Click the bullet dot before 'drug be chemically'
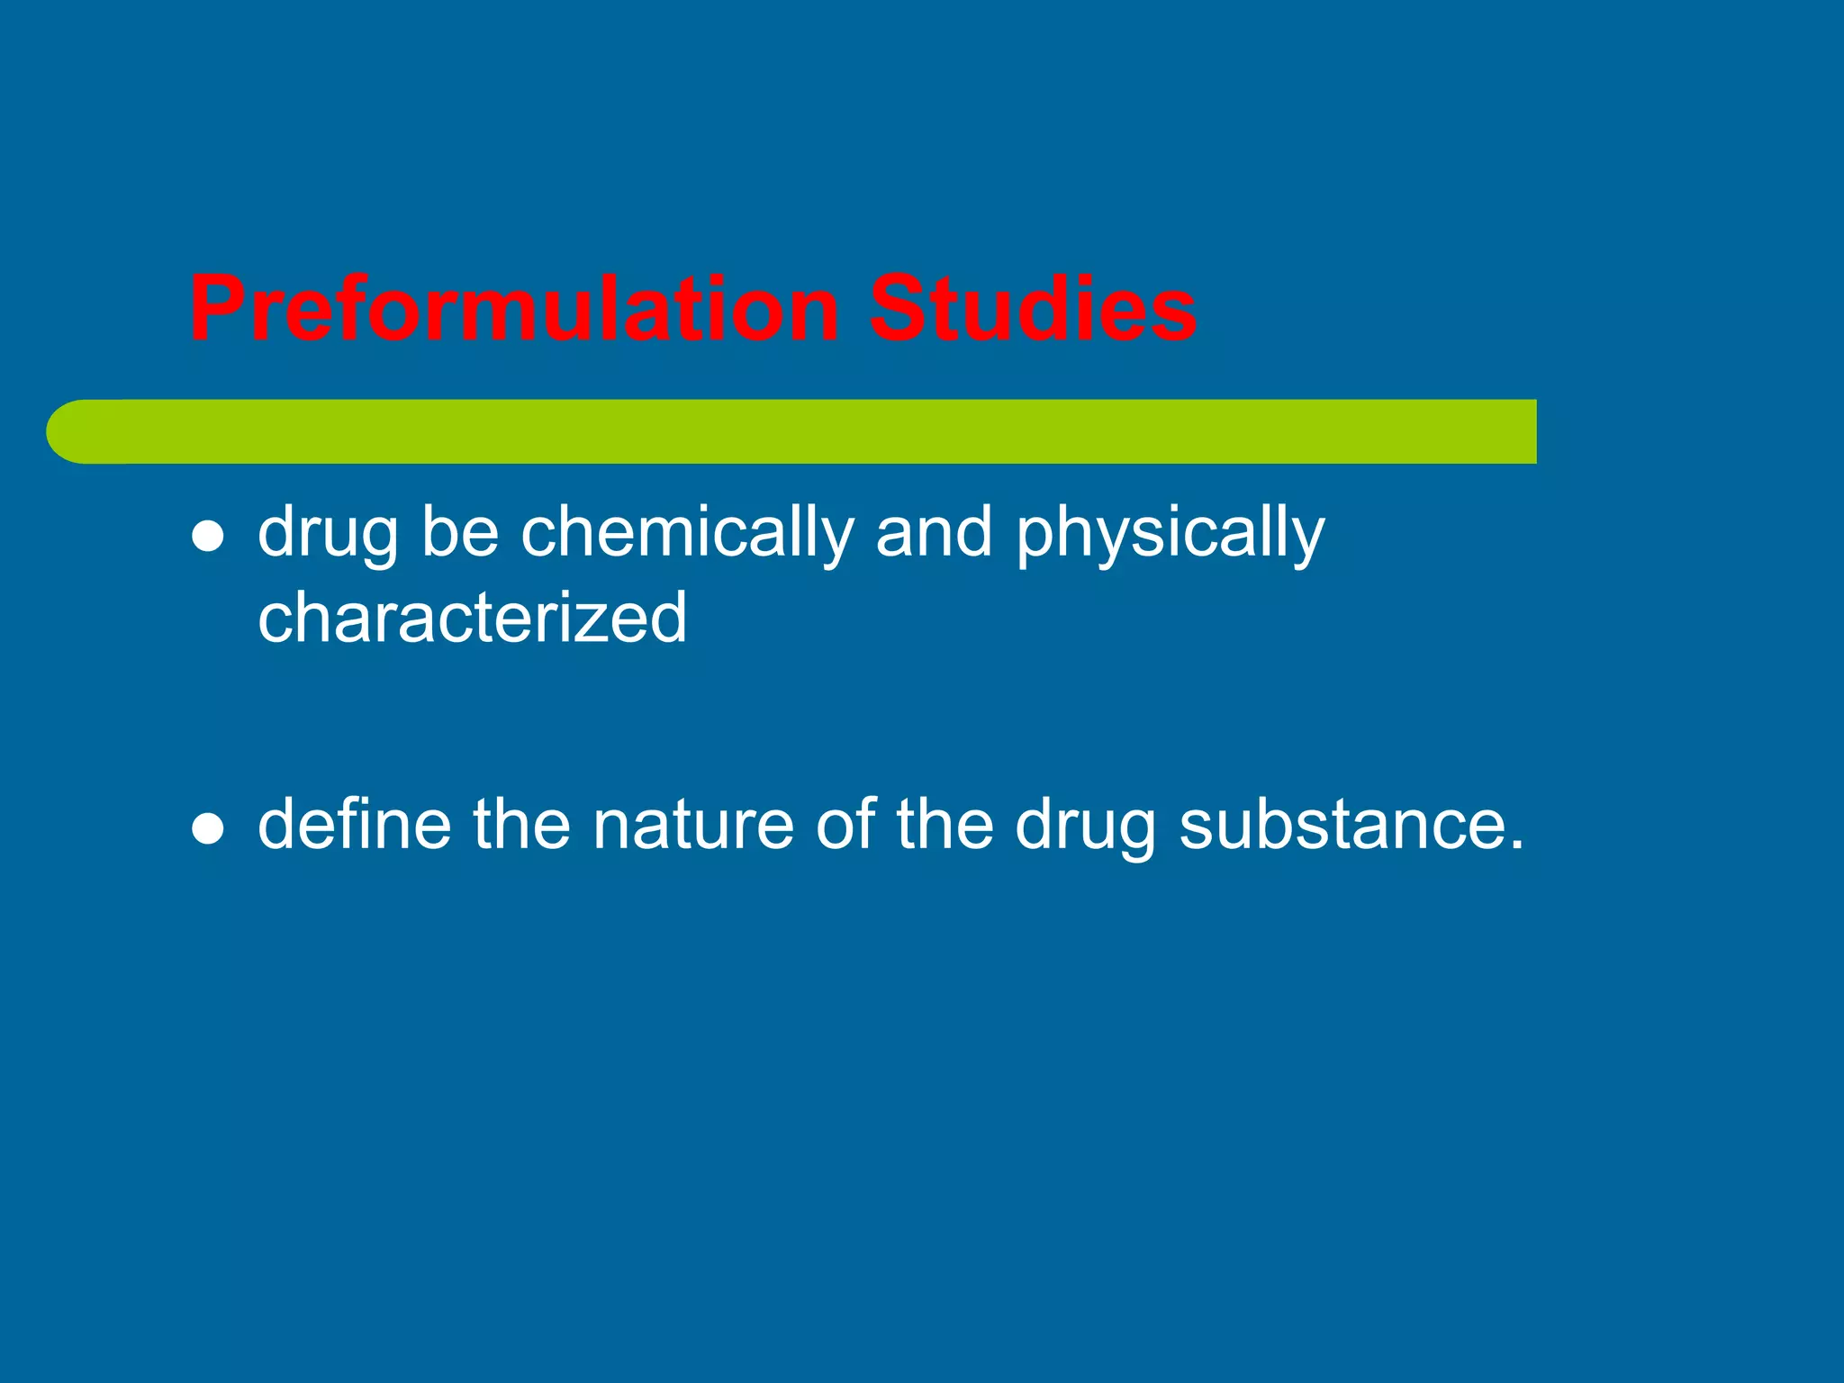pos(208,537)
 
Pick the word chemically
pos(687,533)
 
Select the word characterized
pos(472,618)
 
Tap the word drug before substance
pos(1085,827)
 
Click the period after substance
pos(1514,845)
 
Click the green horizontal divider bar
pos(810,432)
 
